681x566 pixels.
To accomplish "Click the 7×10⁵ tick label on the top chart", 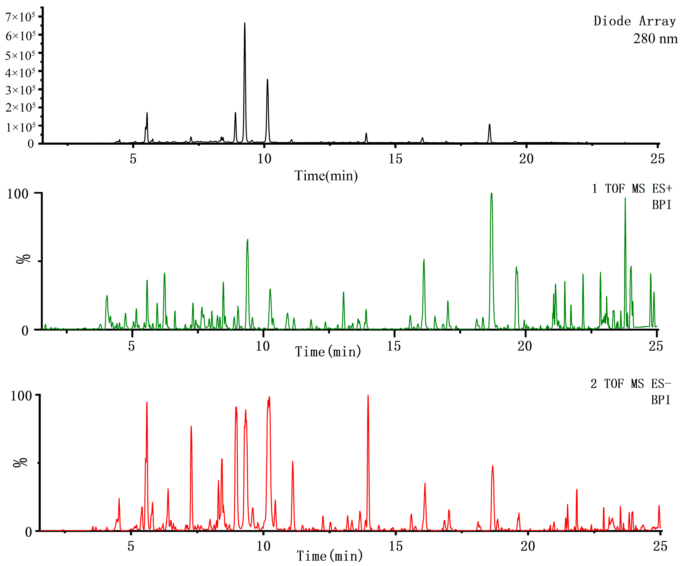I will pos(20,17).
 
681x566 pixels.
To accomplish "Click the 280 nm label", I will pos(655,39).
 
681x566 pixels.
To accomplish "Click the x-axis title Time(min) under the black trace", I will pos(326,176).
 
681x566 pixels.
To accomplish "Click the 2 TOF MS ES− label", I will pos(630,384).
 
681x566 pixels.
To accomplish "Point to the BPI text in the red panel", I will pos(660,400).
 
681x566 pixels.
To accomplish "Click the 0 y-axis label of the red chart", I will pos(29,532).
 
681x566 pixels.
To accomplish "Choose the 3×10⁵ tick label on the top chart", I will pos(20,90).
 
